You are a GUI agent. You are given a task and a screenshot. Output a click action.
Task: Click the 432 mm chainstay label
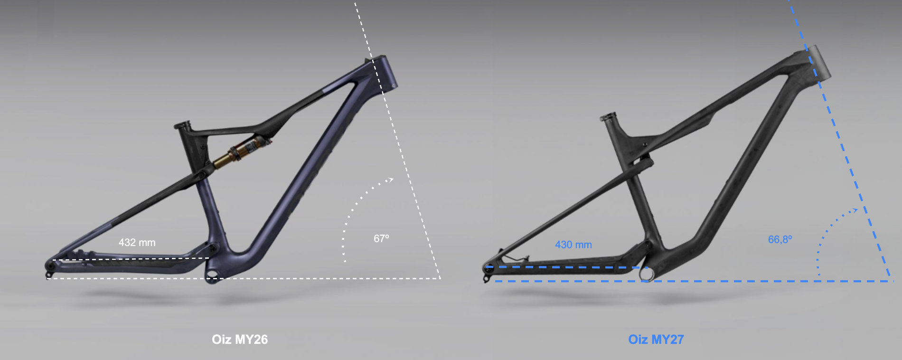click(x=137, y=243)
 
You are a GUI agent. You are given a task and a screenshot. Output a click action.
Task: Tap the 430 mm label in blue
click(x=573, y=245)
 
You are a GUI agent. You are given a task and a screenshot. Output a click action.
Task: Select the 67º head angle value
click(x=381, y=238)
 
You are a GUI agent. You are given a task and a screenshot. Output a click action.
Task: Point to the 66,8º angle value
click(x=780, y=239)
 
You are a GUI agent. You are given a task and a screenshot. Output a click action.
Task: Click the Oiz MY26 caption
click(x=240, y=340)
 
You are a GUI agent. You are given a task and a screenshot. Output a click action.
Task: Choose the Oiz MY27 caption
click(x=656, y=340)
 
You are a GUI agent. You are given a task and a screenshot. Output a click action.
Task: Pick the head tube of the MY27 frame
click(x=818, y=65)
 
